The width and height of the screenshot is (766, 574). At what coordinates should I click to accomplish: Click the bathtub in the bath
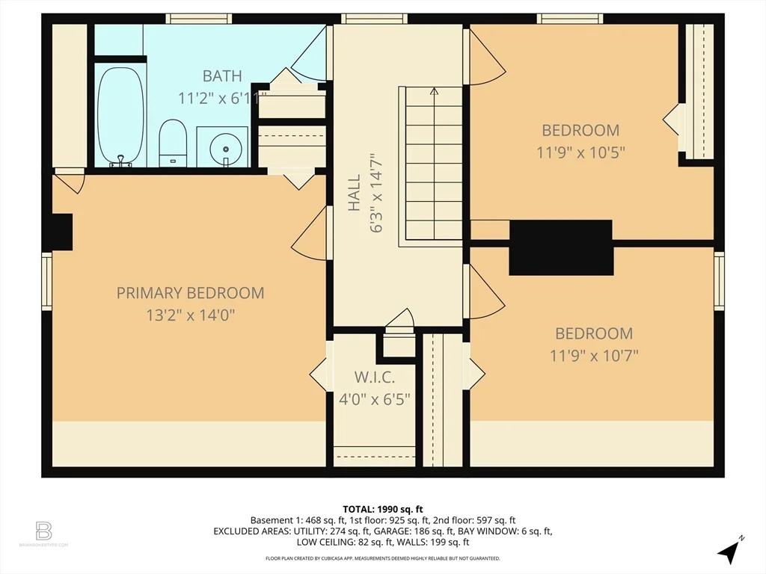(x=120, y=116)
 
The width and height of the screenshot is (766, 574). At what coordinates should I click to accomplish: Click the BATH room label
(x=221, y=75)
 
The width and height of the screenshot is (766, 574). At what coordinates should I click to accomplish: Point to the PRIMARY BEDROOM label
(x=190, y=293)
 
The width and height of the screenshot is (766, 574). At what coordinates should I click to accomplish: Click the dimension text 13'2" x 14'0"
(x=190, y=315)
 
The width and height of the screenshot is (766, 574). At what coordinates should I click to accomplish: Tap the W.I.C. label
(x=374, y=377)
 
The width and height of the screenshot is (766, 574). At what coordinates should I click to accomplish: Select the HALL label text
(x=354, y=193)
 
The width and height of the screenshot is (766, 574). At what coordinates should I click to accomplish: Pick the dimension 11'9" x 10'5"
(x=580, y=152)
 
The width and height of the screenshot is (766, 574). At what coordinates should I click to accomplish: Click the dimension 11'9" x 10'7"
(x=593, y=356)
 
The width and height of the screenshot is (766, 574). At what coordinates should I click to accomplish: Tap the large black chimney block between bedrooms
(x=561, y=247)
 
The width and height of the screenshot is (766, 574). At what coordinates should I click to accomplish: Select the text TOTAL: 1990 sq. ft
(x=383, y=509)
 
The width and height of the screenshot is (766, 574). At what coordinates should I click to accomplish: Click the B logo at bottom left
(x=43, y=531)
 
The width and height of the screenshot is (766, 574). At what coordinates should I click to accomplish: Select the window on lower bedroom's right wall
(x=719, y=280)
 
